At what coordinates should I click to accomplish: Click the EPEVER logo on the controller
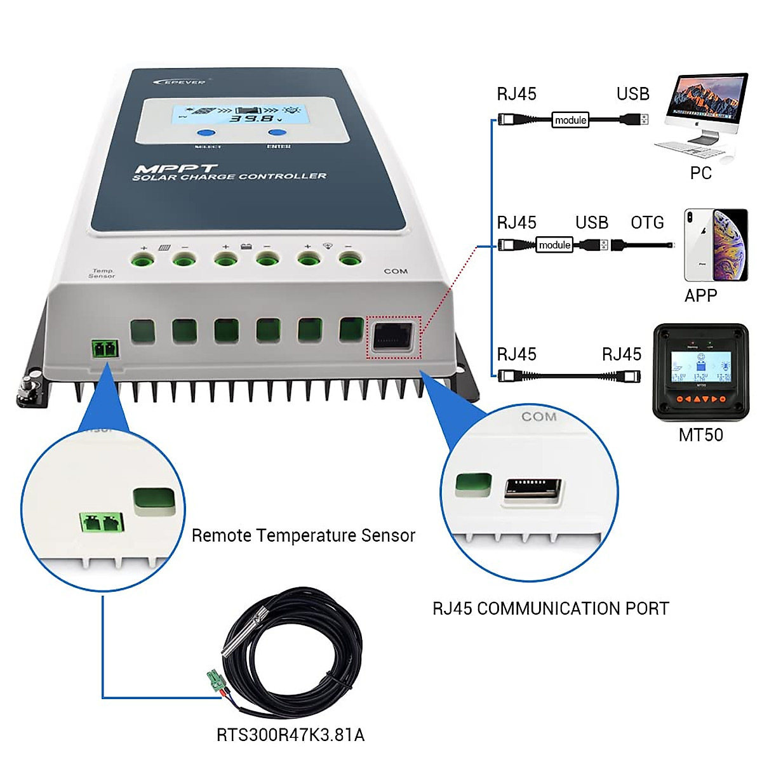click(x=180, y=81)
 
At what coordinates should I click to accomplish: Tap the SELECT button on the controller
click(x=206, y=133)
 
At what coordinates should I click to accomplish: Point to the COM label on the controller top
click(x=396, y=271)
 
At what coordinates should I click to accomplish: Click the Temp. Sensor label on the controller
click(x=102, y=274)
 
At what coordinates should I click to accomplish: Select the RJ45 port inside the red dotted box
click(x=393, y=337)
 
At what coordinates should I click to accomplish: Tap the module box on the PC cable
click(x=570, y=120)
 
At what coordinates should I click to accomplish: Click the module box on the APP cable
click(x=554, y=245)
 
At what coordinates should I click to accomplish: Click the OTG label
click(x=647, y=223)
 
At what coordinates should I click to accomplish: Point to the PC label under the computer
click(x=701, y=173)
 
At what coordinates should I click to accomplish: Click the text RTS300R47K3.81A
click(x=290, y=735)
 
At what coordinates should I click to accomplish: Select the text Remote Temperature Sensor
click(x=304, y=536)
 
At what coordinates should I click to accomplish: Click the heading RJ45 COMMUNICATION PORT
click(x=551, y=608)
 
